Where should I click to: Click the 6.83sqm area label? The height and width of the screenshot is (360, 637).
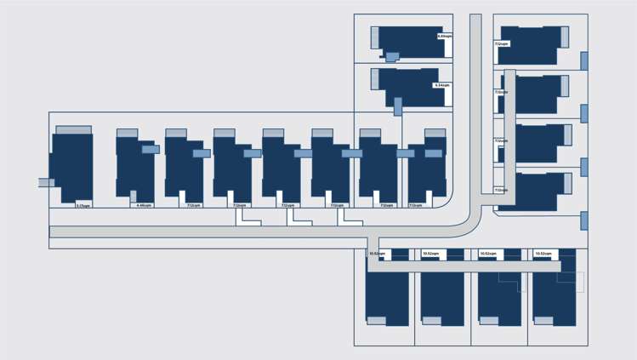(444, 37)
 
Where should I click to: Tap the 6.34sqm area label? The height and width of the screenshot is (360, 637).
(441, 86)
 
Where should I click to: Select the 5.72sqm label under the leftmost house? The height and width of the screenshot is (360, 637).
(82, 205)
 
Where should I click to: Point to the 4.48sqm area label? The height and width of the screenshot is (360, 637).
(144, 205)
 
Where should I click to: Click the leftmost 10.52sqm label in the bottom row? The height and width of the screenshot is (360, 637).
(377, 254)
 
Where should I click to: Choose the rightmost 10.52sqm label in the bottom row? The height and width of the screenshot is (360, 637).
(544, 254)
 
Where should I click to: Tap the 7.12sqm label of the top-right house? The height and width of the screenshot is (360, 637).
(501, 43)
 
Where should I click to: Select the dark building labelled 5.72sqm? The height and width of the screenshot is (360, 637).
(72, 166)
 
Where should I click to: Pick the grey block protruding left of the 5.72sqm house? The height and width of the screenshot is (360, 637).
(46, 182)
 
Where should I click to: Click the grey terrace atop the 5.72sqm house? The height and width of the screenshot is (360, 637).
(73, 130)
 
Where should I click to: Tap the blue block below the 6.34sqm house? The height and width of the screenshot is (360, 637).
(398, 106)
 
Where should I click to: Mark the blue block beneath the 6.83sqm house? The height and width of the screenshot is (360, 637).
(392, 57)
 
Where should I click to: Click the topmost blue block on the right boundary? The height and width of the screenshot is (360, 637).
(584, 60)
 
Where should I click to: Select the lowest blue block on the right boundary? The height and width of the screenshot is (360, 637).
(584, 220)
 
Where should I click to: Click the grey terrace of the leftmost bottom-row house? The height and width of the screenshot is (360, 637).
(376, 321)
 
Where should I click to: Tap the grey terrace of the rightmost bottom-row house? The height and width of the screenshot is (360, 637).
(543, 321)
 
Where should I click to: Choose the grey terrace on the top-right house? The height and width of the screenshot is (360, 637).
(565, 37)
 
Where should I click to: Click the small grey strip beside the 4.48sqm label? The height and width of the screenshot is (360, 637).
(134, 197)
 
